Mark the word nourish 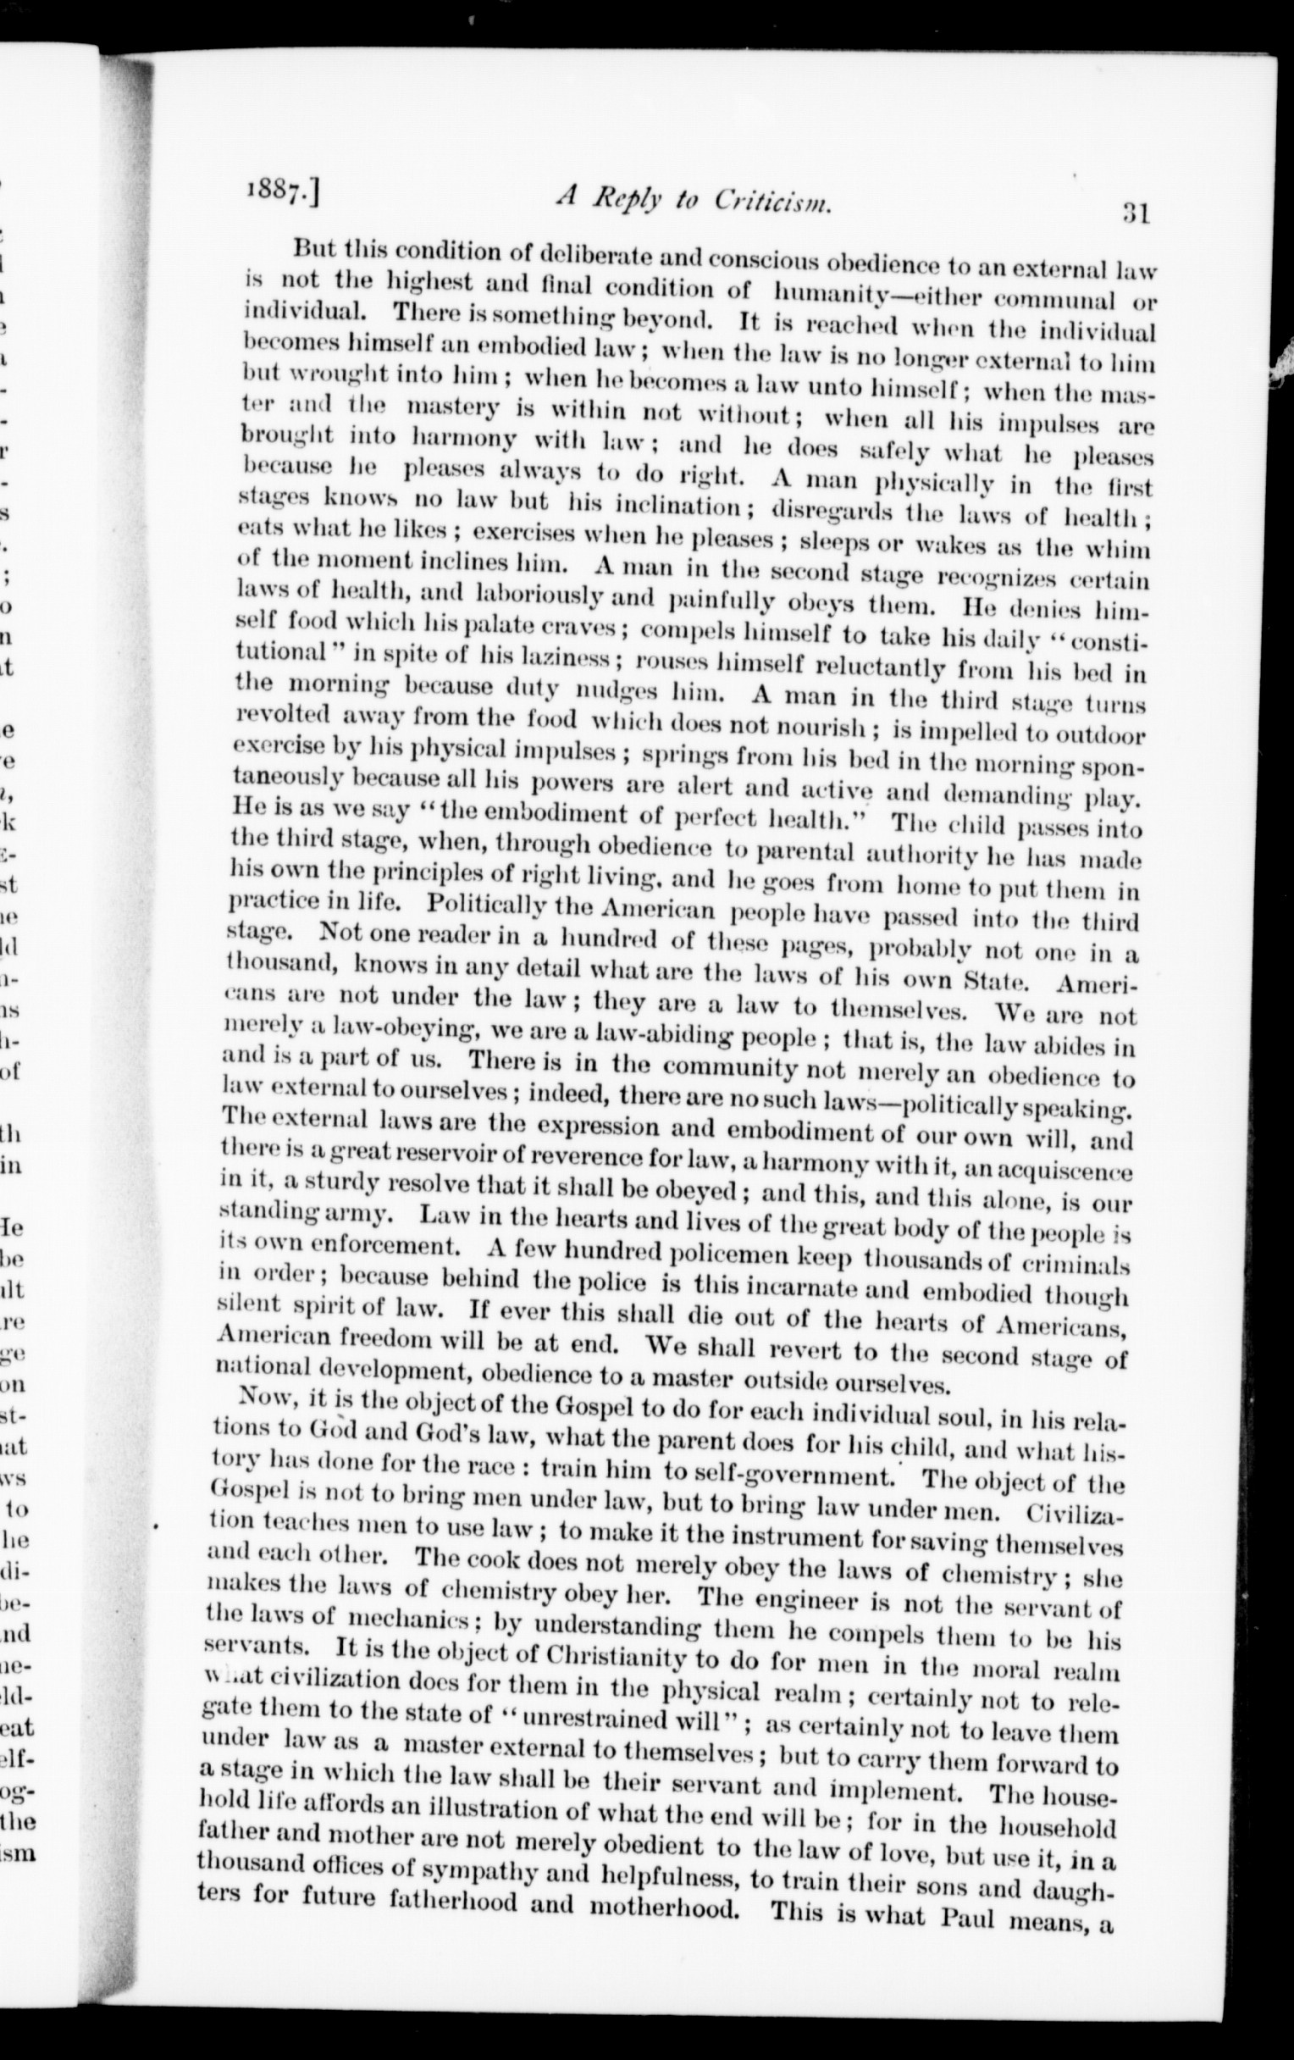tap(821, 725)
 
